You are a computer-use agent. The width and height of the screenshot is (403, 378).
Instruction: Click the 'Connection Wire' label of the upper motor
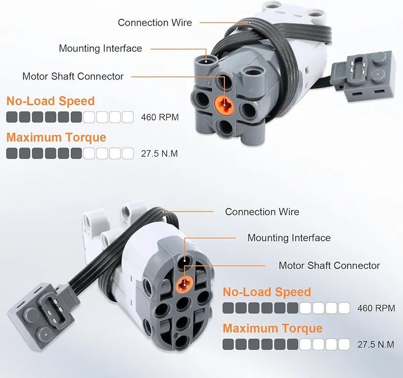tap(155, 22)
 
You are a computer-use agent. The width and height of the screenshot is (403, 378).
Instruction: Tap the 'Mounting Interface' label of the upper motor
tap(100, 48)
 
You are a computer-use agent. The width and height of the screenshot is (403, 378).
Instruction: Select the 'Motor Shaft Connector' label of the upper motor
tap(73, 76)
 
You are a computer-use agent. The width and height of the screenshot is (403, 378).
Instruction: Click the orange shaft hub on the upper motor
tap(224, 105)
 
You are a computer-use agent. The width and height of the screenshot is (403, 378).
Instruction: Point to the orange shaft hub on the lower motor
tap(184, 283)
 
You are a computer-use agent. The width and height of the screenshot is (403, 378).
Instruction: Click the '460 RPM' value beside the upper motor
tap(159, 117)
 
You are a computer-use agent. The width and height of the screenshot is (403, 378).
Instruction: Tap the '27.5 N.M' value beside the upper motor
tap(159, 154)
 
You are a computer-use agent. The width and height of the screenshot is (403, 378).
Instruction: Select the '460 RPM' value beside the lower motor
tap(376, 308)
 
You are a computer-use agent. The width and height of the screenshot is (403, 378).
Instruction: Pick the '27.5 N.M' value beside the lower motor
tap(376, 344)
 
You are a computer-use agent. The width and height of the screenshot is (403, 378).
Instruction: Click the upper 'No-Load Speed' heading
tap(51, 101)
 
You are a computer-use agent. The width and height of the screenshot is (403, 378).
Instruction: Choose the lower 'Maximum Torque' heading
tap(272, 328)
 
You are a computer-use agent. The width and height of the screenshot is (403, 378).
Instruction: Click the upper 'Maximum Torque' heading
tap(56, 137)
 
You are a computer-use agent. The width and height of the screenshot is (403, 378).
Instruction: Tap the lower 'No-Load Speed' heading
tap(267, 292)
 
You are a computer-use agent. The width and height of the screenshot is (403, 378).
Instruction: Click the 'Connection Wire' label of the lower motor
tap(262, 212)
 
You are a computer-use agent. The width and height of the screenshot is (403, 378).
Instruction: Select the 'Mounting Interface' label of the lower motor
tap(289, 238)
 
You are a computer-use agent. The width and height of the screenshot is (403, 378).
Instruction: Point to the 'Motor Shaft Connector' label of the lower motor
tap(329, 266)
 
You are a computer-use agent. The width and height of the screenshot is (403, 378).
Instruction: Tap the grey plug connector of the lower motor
tap(42, 316)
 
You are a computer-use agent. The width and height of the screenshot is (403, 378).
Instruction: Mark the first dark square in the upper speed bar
tap(12, 117)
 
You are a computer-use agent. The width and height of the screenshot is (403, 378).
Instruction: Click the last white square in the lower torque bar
tap(344, 344)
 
